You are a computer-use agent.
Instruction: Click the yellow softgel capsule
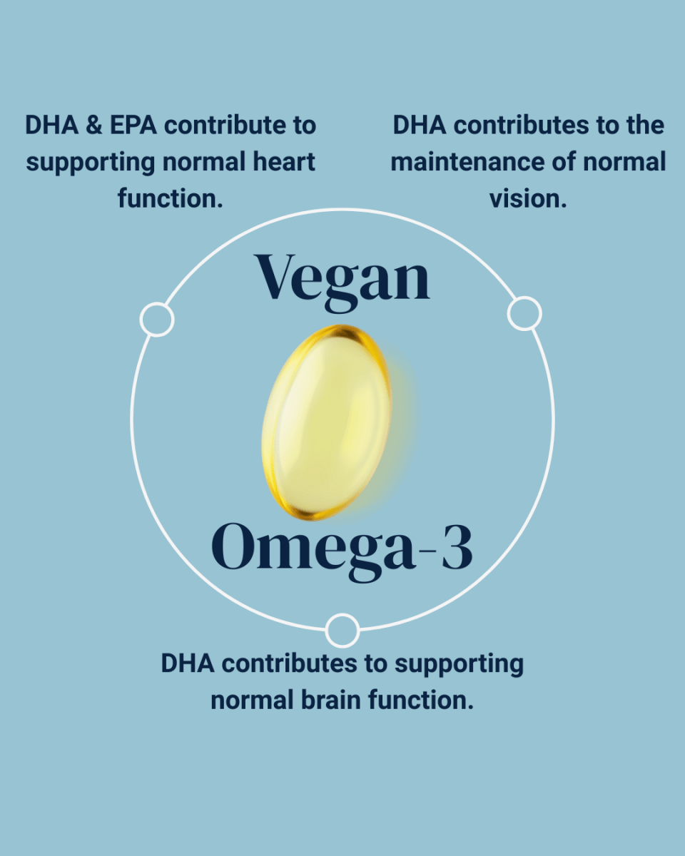coord(327,422)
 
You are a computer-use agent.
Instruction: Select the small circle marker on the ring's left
coord(157,319)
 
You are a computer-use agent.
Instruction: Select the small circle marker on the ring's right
coord(524,314)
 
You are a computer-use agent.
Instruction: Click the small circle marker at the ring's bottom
coord(342,631)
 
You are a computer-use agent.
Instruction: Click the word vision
coord(528,199)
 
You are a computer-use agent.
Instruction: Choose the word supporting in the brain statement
coord(459,663)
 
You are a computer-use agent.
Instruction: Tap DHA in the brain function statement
coord(188,663)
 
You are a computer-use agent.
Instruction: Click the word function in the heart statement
coord(171,199)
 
